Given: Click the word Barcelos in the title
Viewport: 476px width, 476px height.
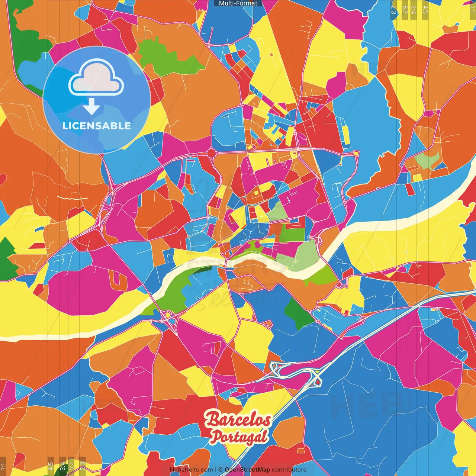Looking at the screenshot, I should pyautogui.click(x=238, y=420).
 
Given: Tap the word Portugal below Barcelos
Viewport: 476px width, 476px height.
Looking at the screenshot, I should pyautogui.click(x=239, y=437).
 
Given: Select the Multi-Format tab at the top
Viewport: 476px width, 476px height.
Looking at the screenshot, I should pyautogui.click(x=238, y=3).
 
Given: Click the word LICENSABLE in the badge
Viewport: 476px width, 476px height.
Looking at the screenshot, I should pyautogui.click(x=97, y=126).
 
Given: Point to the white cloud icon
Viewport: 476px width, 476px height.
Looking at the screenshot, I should pyautogui.click(x=96, y=78).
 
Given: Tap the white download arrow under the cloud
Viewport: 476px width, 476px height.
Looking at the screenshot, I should pyautogui.click(x=91, y=107).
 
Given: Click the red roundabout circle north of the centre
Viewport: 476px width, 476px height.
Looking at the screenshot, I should pyautogui.click(x=211, y=153).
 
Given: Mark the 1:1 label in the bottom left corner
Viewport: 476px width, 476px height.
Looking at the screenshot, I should pyautogui.click(x=3, y=466).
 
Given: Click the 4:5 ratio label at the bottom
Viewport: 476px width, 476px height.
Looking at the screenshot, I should pyautogui.click(x=51, y=466).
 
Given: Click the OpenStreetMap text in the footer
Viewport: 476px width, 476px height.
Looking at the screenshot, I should pyautogui.click(x=247, y=470).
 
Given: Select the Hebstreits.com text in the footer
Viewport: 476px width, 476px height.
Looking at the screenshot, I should pyautogui.click(x=191, y=470).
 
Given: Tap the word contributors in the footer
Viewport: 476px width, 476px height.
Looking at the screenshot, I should pyautogui.click(x=289, y=470).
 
